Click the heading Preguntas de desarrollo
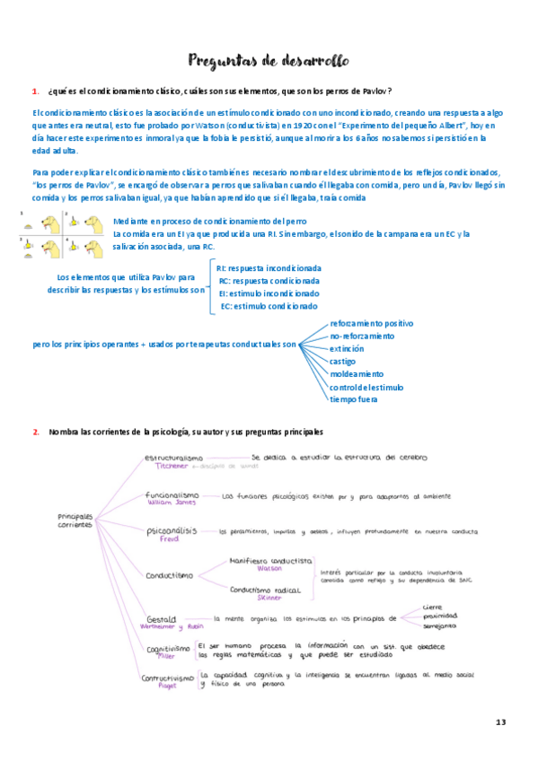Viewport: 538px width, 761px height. pyautogui.click(x=269, y=61)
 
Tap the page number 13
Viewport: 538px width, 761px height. pyautogui.click(x=501, y=722)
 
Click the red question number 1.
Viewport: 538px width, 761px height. pyautogui.click(x=35, y=92)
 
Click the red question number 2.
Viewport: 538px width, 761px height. pyautogui.click(x=35, y=432)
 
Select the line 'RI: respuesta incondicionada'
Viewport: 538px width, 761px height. pyautogui.click(x=269, y=268)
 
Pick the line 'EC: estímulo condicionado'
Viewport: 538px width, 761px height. pyautogui.click(x=269, y=306)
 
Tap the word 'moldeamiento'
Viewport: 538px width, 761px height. pyautogui.click(x=357, y=373)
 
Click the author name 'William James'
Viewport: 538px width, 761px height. pyautogui.click(x=170, y=503)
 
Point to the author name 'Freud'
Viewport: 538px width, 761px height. pyautogui.click(x=157, y=539)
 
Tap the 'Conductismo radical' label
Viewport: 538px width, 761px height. pyautogui.click(x=268, y=589)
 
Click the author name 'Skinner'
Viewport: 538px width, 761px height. pyautogui.click(x=269, y=597)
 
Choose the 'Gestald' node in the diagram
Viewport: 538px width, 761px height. pyautogui.click(x=161, y=618)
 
